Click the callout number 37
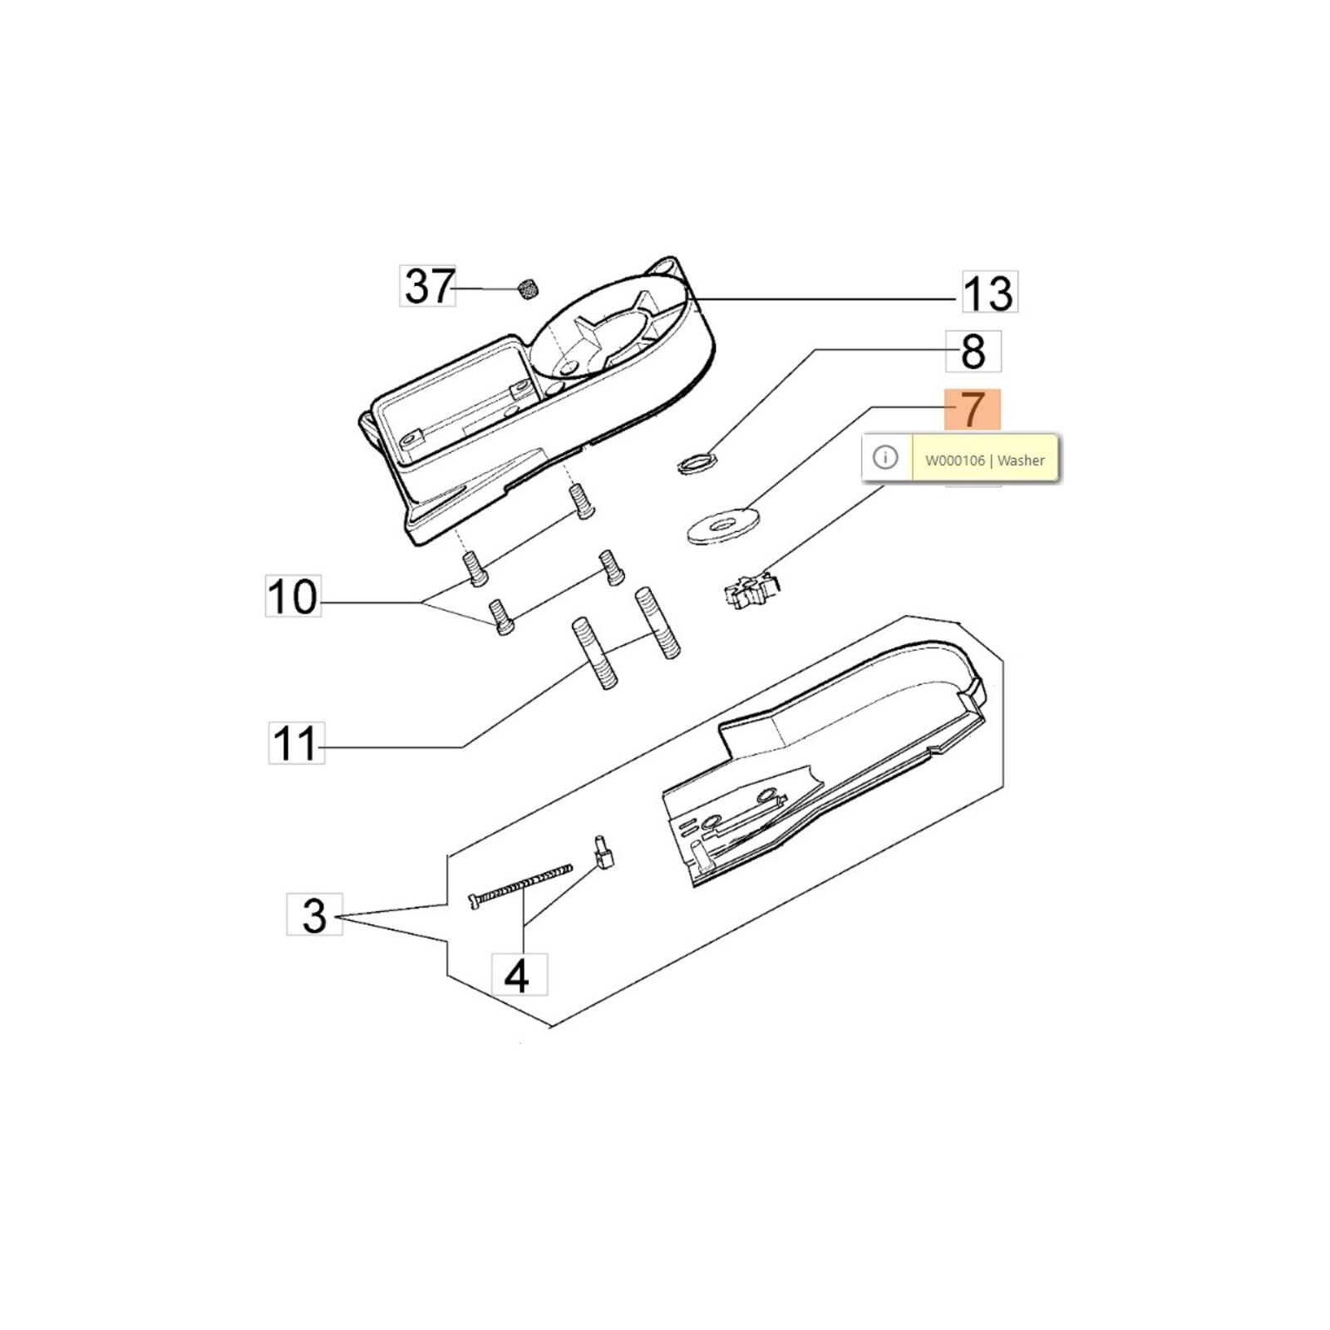[x=428, y=286]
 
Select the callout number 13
[x=989, y=292]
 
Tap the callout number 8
[x=973, y=351]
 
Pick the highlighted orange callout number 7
[x=973, y=411]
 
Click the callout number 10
[x=293, y=596]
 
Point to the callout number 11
[x=296, y=742]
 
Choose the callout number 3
[x=314, y=914]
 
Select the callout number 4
[x=520, y=974]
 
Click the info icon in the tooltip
[x=885, y=457]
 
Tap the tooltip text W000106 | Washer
[x=985, y=460]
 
